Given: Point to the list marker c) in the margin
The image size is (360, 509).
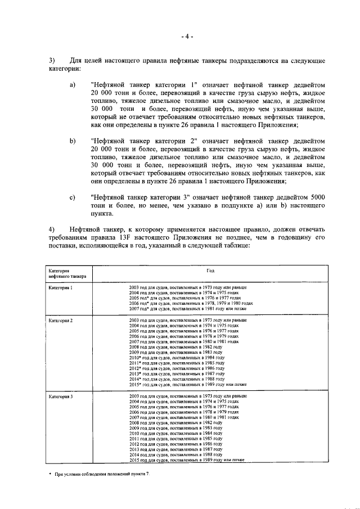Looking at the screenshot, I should tap(72, 198).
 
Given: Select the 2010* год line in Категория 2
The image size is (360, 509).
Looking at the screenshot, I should tap(177, 358).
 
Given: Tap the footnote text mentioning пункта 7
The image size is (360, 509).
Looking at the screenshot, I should tap(102, 475).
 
